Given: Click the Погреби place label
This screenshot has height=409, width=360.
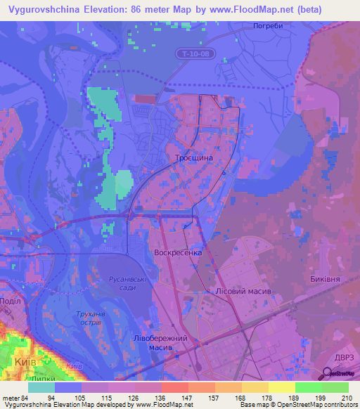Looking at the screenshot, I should [x=267, y=25].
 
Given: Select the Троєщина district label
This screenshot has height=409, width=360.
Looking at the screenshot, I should [x=188, y=159].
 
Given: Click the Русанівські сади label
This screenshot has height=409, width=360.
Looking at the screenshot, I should [x=127, y=283].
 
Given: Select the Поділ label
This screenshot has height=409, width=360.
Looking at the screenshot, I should [x=11, y=301].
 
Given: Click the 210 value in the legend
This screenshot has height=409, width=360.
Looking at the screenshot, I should [x=347, y=398].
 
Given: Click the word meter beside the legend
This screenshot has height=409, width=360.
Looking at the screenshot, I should [x=10, y=398].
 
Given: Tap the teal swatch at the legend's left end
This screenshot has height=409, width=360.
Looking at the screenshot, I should [x=41, y=387].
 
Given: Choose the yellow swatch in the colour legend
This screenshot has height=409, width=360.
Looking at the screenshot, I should [x=281, y=387].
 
